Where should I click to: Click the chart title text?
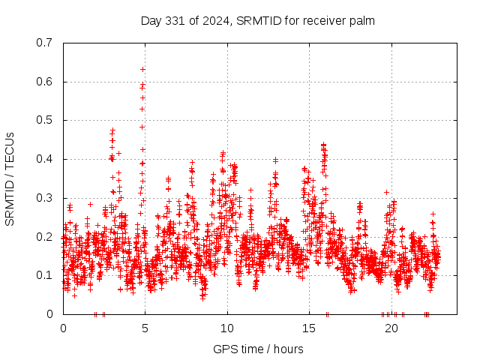pos(257,20)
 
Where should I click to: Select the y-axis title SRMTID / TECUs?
pos(10,178)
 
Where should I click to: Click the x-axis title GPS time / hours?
pos(258,349)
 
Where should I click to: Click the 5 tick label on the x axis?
pos(145,328)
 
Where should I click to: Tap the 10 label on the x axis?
pos(227,328)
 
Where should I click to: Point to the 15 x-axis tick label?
pos(309,328)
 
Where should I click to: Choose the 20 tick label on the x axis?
pos(391,328)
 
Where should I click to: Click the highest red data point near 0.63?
pos(142,69)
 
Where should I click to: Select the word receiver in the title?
pos(323,20)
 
